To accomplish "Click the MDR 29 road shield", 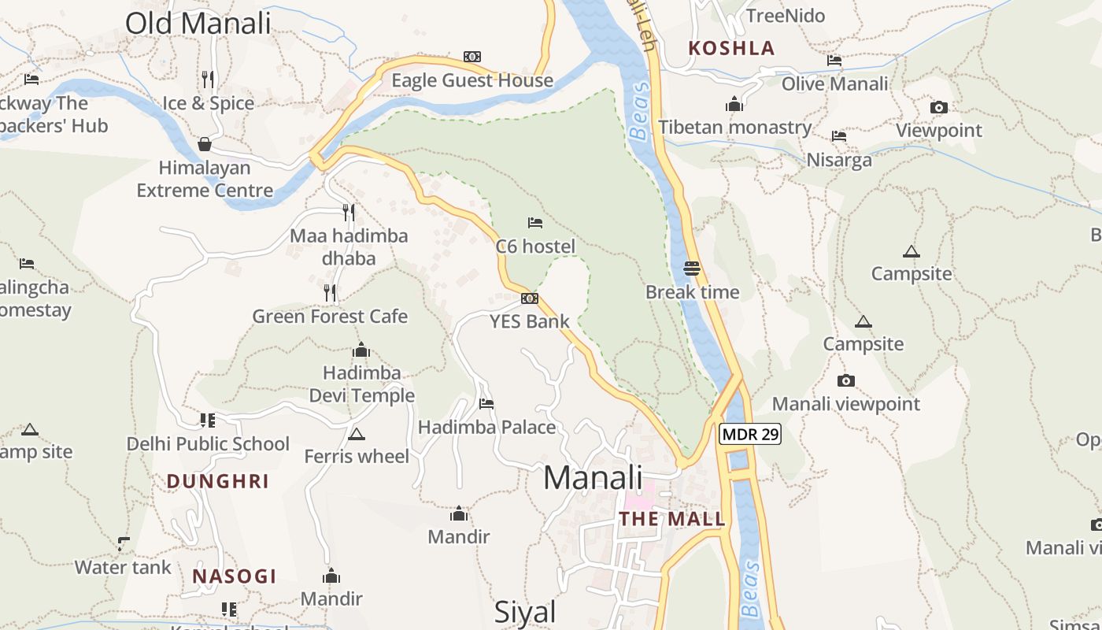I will click(749, 434).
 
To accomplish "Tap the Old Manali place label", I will click(198, 23).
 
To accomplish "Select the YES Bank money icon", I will click(530, 298).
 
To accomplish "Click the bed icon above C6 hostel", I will click(535, 223).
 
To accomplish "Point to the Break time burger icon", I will click(692, 269).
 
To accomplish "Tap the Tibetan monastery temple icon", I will click(734, 104).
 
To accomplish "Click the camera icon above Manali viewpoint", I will click(846, 380).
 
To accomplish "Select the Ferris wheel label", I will click(357, 456).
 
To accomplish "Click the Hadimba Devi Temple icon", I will click(361, 350).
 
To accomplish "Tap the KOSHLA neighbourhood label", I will click(731, 48).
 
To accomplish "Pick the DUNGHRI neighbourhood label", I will click(218, 481).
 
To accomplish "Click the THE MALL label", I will click(671, 519).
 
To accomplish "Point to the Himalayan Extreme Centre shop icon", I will click(205, 144).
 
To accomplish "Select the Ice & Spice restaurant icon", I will click(208, 80).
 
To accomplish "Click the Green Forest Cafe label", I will click(330, 317).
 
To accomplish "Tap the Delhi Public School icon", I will click(208, 421).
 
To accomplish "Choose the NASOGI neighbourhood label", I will click(235, 576).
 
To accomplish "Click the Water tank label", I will click(123, 567).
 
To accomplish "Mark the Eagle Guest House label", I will click(472, 80).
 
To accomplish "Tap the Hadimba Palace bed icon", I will click(486, 404).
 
